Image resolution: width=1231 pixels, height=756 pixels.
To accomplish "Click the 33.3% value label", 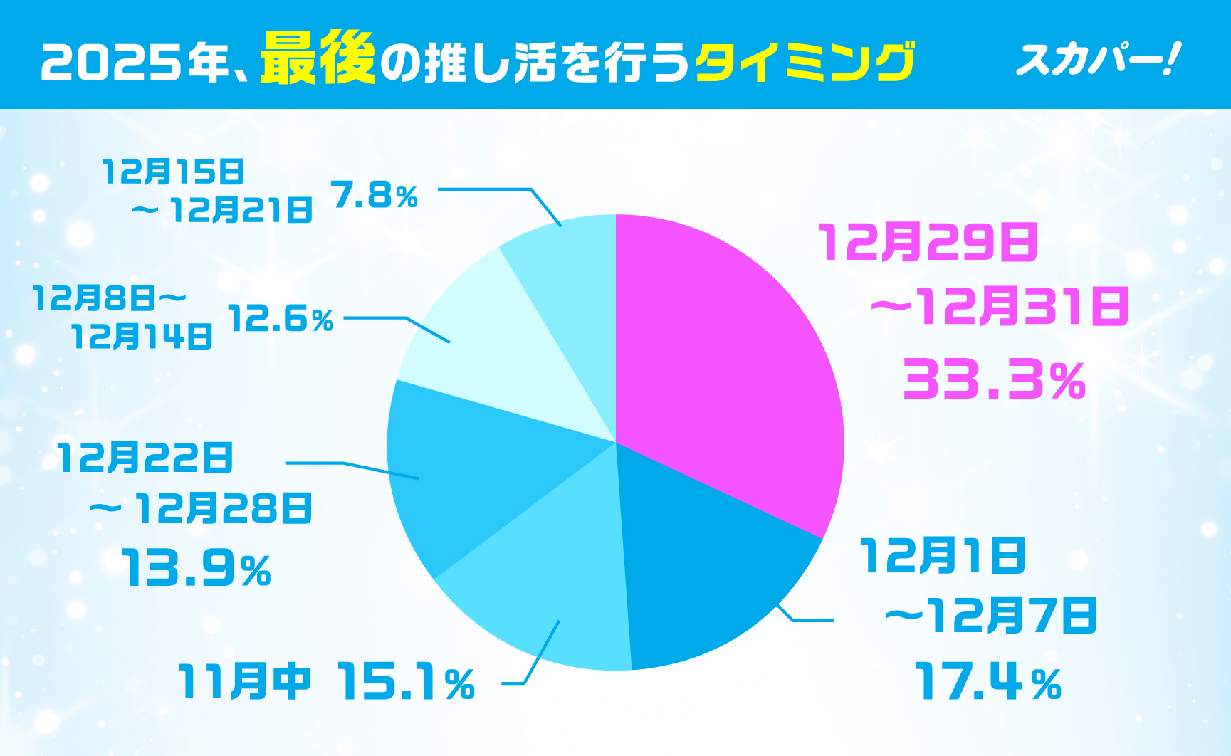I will pos(994,380).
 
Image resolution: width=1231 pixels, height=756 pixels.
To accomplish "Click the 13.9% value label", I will pos(196,569).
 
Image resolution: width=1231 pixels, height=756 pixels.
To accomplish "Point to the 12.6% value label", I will pos(281,319).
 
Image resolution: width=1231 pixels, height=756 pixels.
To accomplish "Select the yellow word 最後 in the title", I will pos(318,60).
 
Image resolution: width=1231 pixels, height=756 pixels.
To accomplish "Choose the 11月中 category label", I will pos(244,681).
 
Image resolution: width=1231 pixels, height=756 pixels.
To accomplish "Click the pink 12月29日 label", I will pos(928,242).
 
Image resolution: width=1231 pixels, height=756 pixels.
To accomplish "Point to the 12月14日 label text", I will pos(142,336).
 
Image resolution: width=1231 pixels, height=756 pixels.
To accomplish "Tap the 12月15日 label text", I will pos(173,172).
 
